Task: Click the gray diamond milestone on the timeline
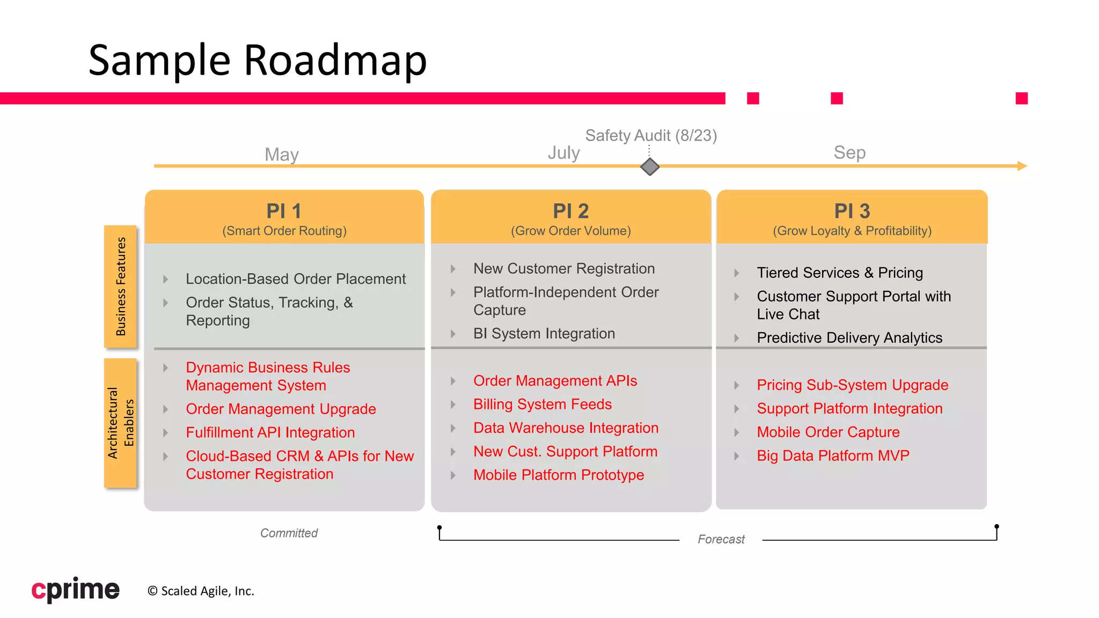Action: click(649, 167)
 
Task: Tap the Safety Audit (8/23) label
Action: click(651, 135)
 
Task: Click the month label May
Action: click(281, 154)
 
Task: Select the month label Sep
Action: click(849, 152)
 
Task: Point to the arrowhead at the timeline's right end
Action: click(1022, 166)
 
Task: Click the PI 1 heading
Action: click(284, 211)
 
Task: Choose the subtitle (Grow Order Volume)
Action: click(570, 231)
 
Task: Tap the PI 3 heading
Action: click(852, 211)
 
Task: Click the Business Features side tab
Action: click(120, 286)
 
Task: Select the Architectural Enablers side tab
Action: click(120, 423)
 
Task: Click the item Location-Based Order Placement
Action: click(296, 279)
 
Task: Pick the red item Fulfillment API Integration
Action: click(270, 432)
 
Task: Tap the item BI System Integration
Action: click(544, 334)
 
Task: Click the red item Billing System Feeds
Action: click(542, 404)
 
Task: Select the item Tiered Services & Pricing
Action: click(839, 273)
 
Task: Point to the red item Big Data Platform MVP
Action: click(833, 455)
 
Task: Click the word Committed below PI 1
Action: click(289, 533)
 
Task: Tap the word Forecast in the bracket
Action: click(721, 539)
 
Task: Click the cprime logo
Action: click(75, 590)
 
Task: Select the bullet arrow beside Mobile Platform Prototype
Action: click(453, 475)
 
